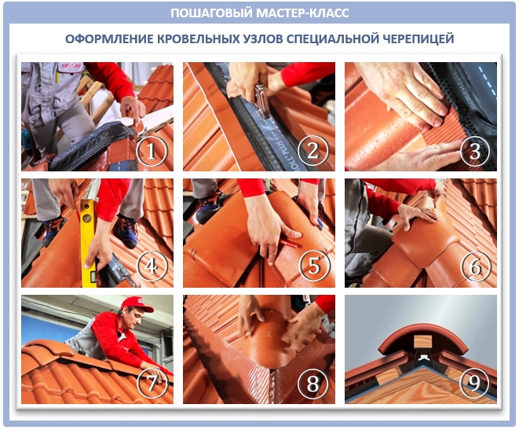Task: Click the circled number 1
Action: click(152, 151)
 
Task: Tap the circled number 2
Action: click(313, 151)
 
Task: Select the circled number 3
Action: click(475, 151)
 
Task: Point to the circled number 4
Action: click(152, 266)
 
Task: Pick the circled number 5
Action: click(314, 266)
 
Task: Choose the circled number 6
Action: click(476, 266)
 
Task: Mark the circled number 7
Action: click(152, 383)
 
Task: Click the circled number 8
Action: click(313, 383)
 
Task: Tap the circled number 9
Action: click(475, 383)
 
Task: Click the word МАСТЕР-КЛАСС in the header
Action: click(302, 13)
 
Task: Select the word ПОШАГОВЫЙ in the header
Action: click(212, 13)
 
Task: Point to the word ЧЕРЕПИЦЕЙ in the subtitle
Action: click(418, 39)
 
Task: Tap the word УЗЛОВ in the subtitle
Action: click(262, 39)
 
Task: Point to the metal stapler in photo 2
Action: click(263, 101)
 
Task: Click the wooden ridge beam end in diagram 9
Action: click(422, 342)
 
